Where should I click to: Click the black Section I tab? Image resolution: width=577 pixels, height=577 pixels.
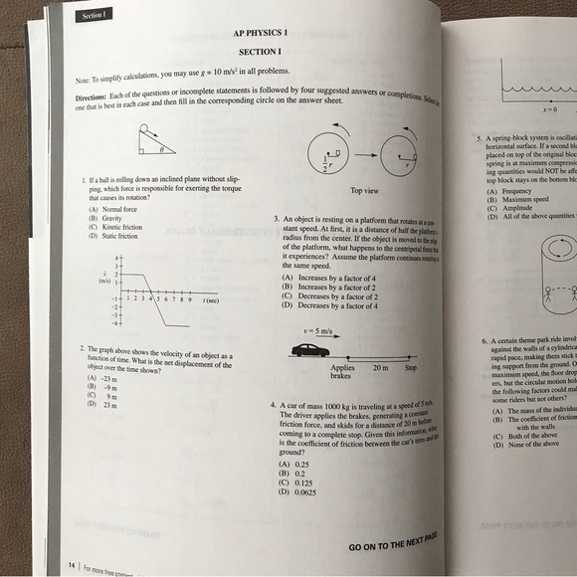pos(96,15)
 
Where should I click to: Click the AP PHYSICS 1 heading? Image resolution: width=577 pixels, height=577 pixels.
pos(259,34)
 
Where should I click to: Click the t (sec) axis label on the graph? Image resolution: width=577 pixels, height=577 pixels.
pos(211,299)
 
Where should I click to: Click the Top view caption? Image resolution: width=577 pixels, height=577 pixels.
pos(365,190)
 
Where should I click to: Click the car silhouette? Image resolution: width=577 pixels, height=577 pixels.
pos(311,349)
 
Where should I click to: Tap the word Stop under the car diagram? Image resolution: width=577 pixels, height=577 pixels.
pos(410,367)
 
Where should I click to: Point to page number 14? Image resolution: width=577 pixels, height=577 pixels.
pos(72,564)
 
